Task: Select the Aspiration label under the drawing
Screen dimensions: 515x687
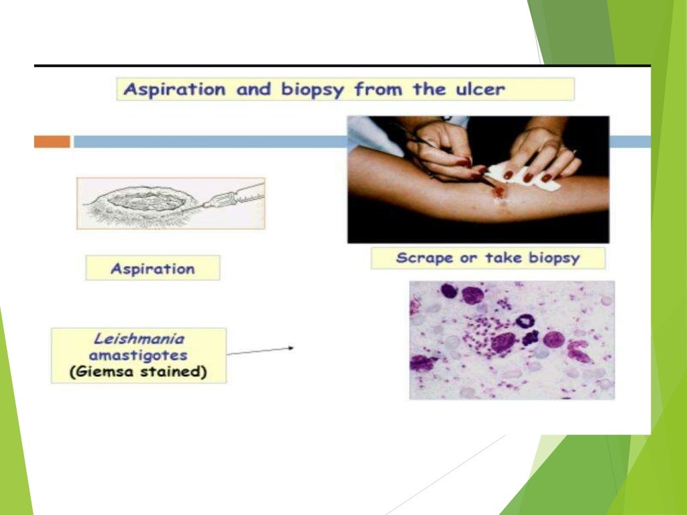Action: point(152,268)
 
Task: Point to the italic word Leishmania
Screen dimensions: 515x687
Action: point(138,341)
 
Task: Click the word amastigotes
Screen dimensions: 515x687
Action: point(138,356)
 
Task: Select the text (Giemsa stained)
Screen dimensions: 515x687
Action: point(138,372)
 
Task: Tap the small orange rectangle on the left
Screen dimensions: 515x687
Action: point(52,141)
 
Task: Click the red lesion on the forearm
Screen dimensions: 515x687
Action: point(499,192)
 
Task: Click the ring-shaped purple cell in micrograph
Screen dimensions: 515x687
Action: point(524,321)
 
